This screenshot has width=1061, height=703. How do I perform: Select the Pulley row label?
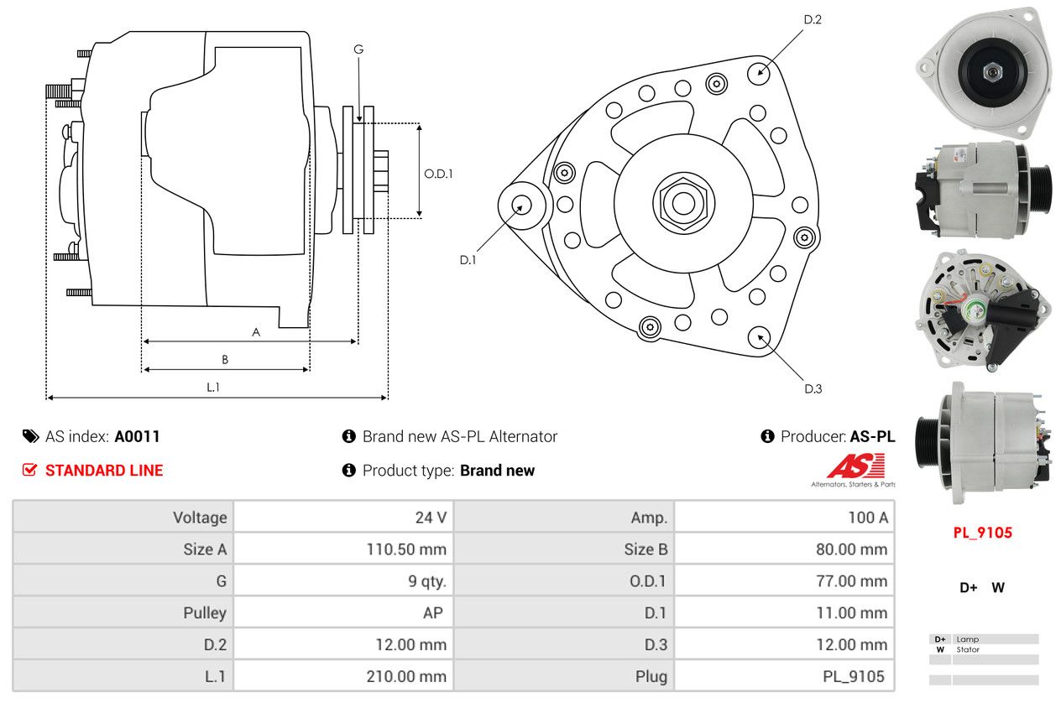point(205,613)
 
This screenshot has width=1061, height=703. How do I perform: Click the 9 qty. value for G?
point(427,581)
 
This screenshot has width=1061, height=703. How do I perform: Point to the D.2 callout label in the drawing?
point(813,19)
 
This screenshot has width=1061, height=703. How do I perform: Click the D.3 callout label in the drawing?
point(813,388)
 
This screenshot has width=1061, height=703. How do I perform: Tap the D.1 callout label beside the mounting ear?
point(468,260)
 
